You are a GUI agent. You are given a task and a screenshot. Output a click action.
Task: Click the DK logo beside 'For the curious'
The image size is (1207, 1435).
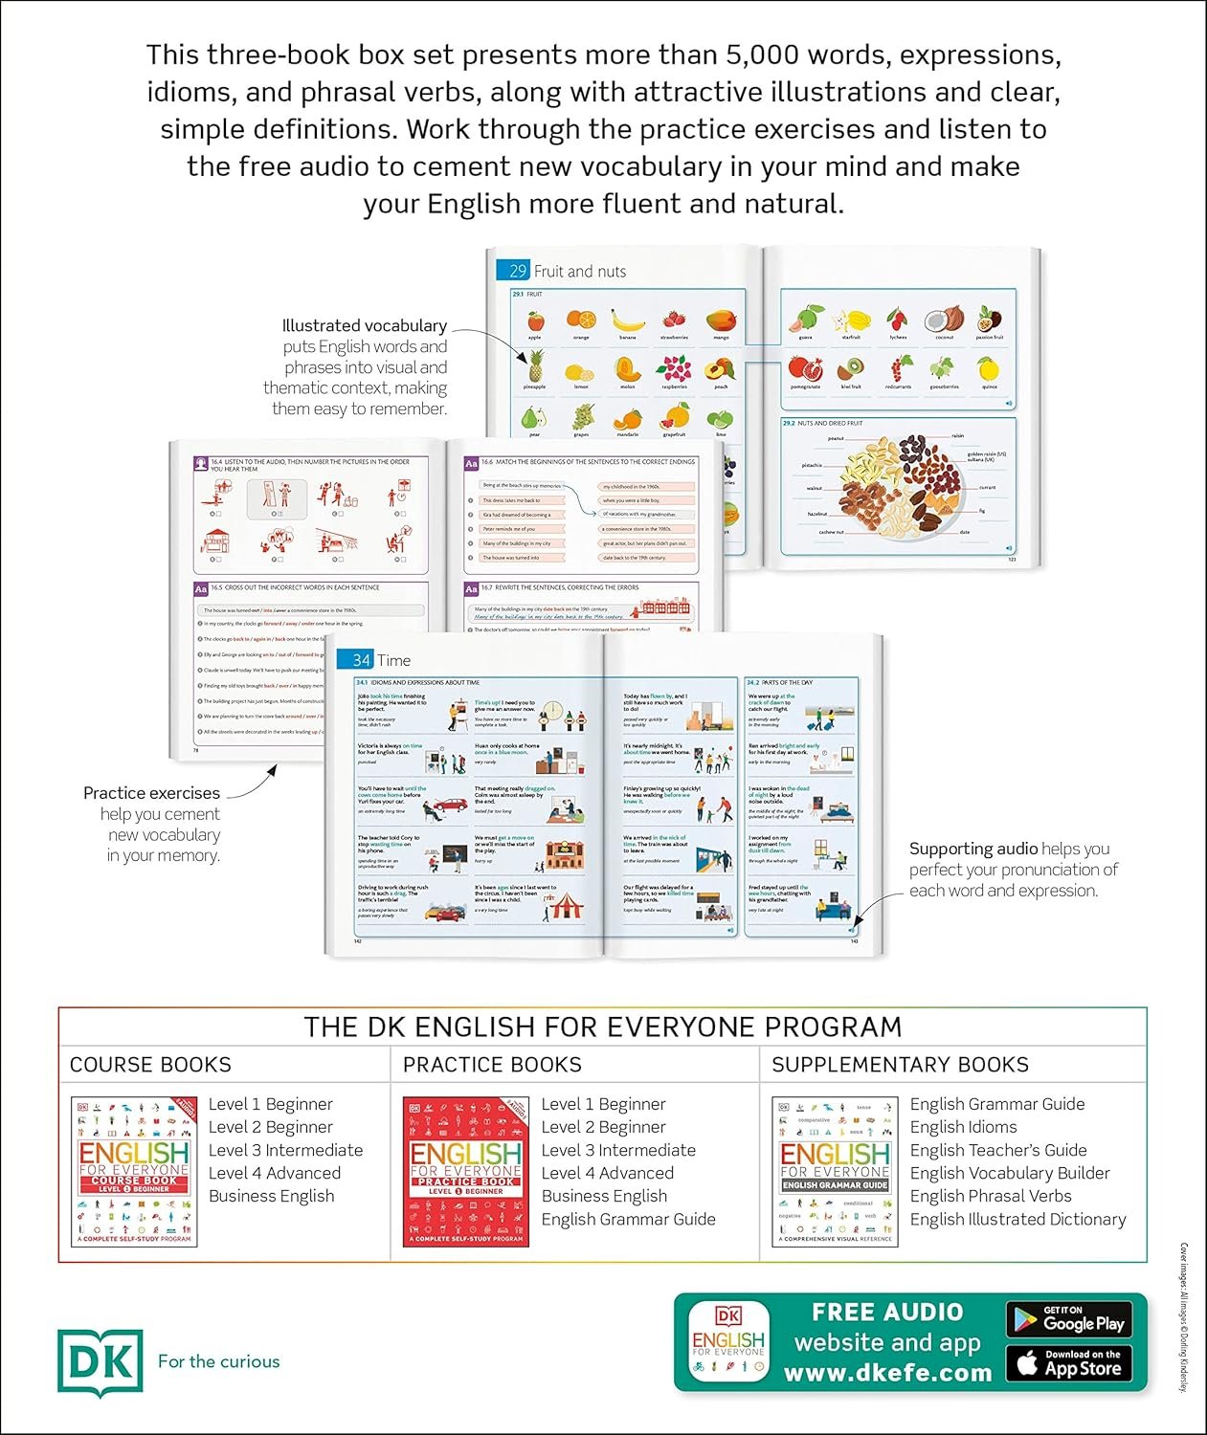(x=100, y=1362)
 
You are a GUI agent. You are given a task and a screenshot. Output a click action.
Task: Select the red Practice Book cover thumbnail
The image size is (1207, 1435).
(x=466, y=1172)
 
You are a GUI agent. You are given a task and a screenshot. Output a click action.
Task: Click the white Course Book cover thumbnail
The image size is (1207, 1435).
(x=134, y=1172)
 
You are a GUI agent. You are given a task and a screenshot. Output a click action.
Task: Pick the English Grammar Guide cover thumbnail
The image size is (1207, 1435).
(x=835, y=1172)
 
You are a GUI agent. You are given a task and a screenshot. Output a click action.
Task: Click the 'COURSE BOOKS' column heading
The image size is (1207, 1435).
(x=150, y=1065)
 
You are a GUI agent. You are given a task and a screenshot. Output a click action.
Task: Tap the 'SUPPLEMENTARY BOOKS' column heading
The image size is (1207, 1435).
(x=900, y=1065)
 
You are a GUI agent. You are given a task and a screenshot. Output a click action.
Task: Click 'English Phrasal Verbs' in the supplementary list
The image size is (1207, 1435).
(x=991, y=1196)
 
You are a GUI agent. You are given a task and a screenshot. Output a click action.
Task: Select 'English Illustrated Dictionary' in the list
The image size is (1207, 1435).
(x=1017, y=1219)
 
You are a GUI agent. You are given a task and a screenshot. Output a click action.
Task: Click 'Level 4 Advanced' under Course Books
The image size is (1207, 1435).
(x=274, y=1173)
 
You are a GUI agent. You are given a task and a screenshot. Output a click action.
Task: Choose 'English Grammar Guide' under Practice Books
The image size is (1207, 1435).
(x=628, y=1219)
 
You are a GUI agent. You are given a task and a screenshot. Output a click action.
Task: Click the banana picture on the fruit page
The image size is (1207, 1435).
(x=627, y=320)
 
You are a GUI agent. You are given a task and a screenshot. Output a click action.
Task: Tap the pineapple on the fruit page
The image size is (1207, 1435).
(x=534, y=365)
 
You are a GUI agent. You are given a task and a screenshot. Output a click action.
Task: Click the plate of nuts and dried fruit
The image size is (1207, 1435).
(x=900, y=484)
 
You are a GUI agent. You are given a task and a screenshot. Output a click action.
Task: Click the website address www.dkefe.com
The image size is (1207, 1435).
(x=887, y=1373)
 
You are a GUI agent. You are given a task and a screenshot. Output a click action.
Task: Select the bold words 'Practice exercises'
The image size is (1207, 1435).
(x=151, y=793)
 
